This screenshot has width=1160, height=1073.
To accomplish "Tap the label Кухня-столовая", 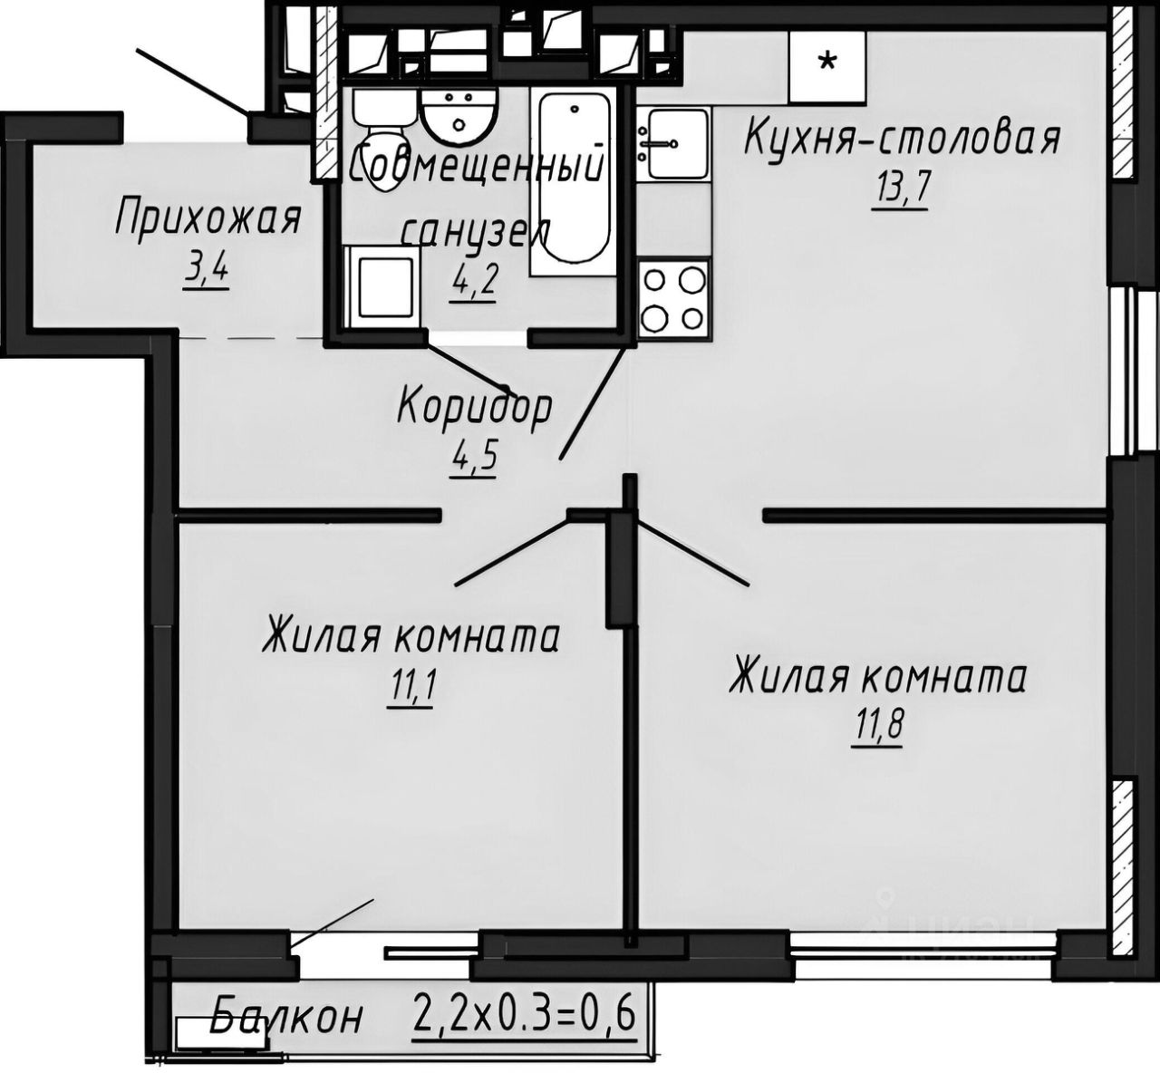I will click(x=902, y=140).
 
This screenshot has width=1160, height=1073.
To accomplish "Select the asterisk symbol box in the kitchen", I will click(x=826, y=64).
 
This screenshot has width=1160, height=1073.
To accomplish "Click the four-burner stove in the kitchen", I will click(x=672, y=299).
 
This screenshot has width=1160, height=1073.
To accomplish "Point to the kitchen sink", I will click(x=672, y=143).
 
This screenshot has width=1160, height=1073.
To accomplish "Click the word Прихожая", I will click(x=208, y=219).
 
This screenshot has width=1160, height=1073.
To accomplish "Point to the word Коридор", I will click(x=474, y=407).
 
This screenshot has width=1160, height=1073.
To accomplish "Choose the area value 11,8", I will click(x=878, y=727).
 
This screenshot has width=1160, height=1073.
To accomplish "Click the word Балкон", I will click(x=287, y=1017).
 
